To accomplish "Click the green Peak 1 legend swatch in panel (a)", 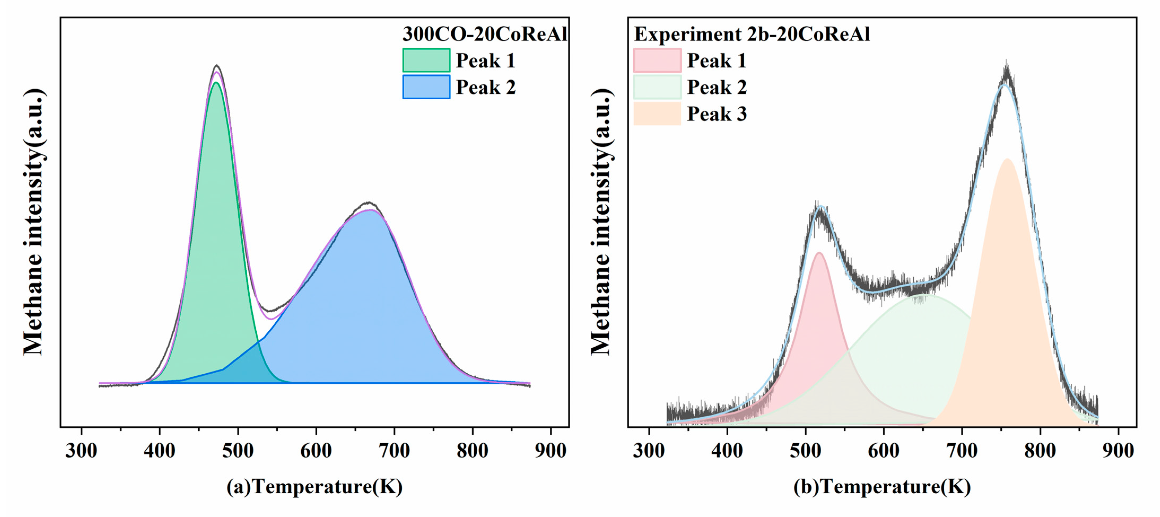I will pos(426,60).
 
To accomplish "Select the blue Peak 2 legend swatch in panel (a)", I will pos(426,87).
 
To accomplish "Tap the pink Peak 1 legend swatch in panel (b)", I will pos(657,60).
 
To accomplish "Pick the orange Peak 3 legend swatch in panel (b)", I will pos(657,113).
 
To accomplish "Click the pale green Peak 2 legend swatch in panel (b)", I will pos(657,87).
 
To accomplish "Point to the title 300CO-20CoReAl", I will pos(485,34).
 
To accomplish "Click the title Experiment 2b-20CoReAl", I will pos(752,34).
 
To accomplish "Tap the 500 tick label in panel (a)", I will pos(238,450).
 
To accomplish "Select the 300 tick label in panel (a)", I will pos(81,450).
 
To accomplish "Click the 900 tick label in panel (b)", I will pos(1118,450).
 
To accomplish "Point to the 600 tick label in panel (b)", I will pos(883,450).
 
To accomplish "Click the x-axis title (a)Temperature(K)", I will pos(314,487).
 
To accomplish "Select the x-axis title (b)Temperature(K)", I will pos(882,487).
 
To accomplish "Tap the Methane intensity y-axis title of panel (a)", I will pos(34,222).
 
